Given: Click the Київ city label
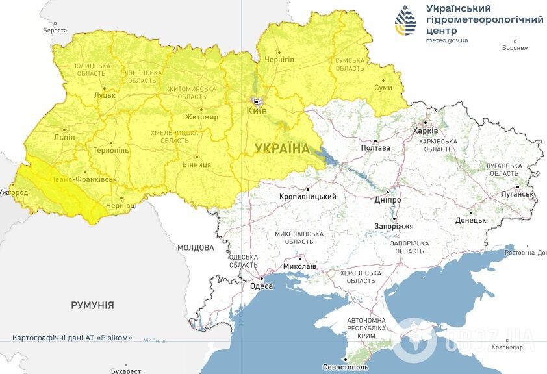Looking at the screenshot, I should [257, 111].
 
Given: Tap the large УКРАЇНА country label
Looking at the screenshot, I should [282, 149].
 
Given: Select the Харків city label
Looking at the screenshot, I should [426, 131].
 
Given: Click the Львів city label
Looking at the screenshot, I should [64, 138].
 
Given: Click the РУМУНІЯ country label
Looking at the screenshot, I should [92, 305].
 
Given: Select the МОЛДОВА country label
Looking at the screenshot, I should [196, 247].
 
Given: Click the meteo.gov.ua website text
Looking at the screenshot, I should [447, 40].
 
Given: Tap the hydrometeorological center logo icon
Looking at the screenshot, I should [406, 21].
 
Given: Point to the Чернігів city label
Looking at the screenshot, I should [279, 60].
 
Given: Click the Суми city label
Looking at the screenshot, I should [383, 88].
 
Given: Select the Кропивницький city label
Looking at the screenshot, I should [307, 197].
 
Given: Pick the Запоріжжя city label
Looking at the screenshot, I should [394, 226].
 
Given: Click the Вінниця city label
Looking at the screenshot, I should [196, 164].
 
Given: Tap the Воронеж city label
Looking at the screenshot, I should [515, 48].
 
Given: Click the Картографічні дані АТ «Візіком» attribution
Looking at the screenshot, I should [72, 338].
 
